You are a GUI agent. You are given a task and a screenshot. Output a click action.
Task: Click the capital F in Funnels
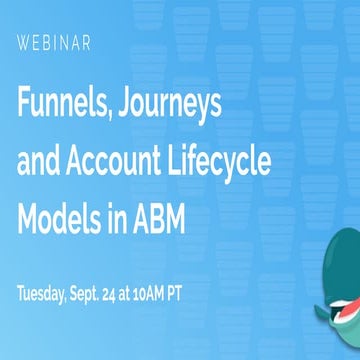click(x=25, y=102)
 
